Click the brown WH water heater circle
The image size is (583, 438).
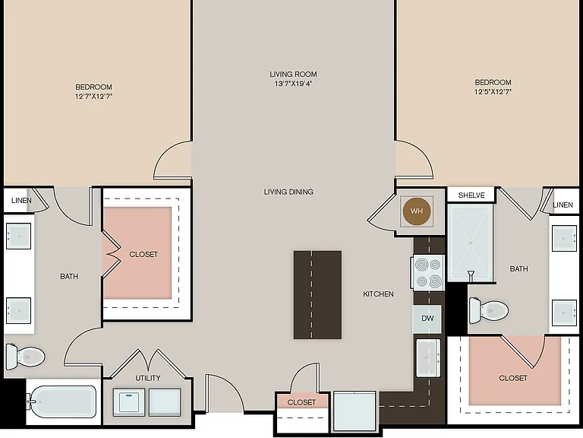[x=417, y=211]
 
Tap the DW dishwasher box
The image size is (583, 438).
[x=427, y=319]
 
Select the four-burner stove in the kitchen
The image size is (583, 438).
[x=427, y=273]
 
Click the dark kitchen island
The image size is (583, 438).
[x=317, y=295]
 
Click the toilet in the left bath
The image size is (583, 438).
[x=25, y=357]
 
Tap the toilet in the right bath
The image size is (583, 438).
[x=489, y=310]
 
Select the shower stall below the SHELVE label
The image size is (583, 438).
[x=471, y=243]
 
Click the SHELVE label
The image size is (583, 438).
[x=471, y=195]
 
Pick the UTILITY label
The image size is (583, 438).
[x=148, y=378]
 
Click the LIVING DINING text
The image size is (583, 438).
[x=288, y=192]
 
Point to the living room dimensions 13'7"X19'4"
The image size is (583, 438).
[x=293, y=84]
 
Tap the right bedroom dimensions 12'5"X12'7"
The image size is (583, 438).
[x=493, y=91]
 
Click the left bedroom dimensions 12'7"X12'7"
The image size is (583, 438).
[x=93, y=96]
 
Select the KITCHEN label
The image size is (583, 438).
[x=378, y=294]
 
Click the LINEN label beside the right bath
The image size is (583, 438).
[x=563, y=205]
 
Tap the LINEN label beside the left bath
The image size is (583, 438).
[x=21, y=201]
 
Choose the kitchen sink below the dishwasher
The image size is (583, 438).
[x=428, y=358]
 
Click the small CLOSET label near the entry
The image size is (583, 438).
[x=301, y=402]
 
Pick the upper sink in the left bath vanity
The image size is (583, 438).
[x=18, y=236]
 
